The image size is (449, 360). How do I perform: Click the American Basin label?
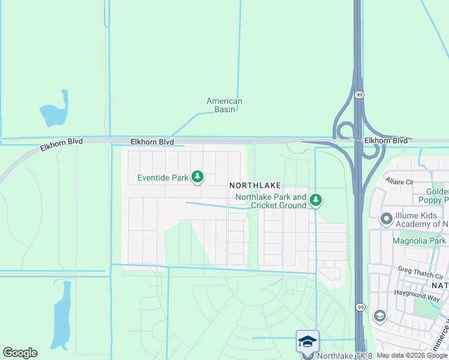pos(224,105)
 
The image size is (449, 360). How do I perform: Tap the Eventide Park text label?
pos(163,178)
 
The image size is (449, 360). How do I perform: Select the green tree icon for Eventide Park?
pos(197,177)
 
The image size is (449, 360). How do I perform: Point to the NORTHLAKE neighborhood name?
pos(255,187)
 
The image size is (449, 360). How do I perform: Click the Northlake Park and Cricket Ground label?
pos(271,201)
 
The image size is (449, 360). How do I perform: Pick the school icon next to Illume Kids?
pos(387,219)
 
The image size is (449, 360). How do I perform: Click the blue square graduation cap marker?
pos(307,341)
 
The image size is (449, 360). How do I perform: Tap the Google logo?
pos(20,353)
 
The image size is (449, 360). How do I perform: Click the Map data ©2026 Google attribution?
pos(412,356)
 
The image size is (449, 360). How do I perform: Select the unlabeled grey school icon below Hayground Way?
pos(379,316)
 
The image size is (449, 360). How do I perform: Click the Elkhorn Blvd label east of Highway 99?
pos(385,140)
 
